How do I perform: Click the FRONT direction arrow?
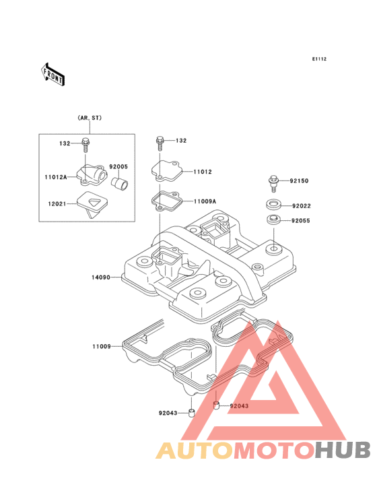[x=53, y=74]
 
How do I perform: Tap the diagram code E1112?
[x=319, y=59]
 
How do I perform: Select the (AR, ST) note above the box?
[x=90, y=118]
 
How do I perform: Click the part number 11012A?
[x=56, y=177]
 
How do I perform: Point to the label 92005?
[x=118, y=166]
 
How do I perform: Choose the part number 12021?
[x=57, y=204]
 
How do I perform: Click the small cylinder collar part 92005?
[x=120, y=184]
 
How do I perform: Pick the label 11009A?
[x=205, y=201]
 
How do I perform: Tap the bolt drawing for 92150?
[x=274, y=183]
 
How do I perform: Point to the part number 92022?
[x=302, y=206]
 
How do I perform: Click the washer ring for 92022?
[x=273, y=204]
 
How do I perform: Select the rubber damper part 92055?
[x=273, y=220]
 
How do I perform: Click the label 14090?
[x=101, y=277]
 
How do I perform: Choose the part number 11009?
[x=102, y=346]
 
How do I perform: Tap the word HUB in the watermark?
[x=343, y=450]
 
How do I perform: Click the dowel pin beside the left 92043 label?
[x=191, y=413]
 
